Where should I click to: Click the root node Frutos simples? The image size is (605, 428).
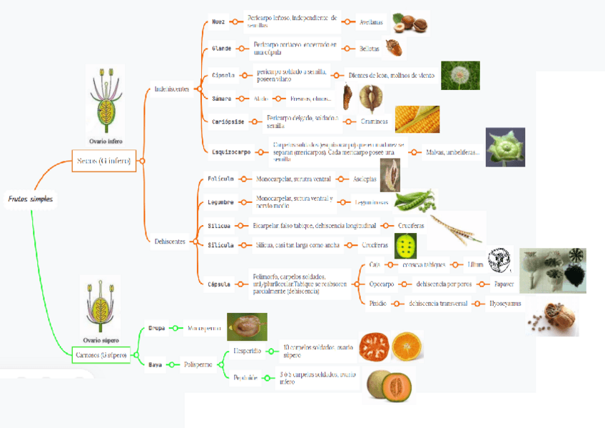(x=30, y=199)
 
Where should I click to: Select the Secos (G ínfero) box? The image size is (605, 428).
(x=103, y=160)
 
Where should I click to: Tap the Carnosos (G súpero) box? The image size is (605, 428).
(x=101, y=355)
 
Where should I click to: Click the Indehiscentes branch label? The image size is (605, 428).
(x=171, y=89)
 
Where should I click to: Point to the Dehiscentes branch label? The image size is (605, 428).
(x=170, y=242)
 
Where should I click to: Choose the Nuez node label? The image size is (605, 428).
(x=218, y=21)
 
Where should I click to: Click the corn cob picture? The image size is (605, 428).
(x=417, y=119)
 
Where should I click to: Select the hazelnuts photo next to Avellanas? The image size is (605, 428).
(x=410, y=23)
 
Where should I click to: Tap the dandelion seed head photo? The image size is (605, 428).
(x=459, y=75)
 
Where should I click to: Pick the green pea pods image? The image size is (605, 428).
(x=414, y=200)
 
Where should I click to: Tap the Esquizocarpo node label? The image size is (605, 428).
(x=231, y=152)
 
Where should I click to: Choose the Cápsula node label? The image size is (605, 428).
(x=219, y=283)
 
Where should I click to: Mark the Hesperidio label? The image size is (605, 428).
(x=248, y=351)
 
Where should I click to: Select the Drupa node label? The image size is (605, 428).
(x=156, y=329)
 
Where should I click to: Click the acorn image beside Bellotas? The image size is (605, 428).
(x=393, y=47)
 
